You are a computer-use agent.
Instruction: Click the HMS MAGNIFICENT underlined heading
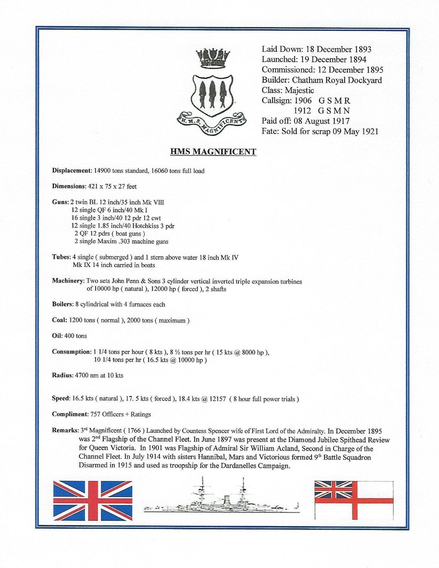pyautogui.click(x=213, y=152)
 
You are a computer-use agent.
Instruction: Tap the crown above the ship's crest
pyautogui.click(x=213, y=59)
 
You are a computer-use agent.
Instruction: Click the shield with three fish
pyautogui.click(x=212, y=94)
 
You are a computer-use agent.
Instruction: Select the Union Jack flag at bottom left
pyautogui.click(x=93, y=501)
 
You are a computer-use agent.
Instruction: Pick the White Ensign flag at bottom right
pyautogui.click(x=354, y=500)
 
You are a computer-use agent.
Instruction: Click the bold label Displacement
pyautogui.click(x=71, y=171)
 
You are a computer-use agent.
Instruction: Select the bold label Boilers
pyautogui.click(x=62, y=305)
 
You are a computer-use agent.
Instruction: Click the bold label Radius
pyautogui.click(x=62, y=376)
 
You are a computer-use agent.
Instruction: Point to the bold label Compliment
pyautogui.click(x=70, y=414)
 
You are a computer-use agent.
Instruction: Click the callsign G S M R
pyautogui.click(x=334, y=101)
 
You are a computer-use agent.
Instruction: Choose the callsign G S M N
pyautogui.click(x=334, y=111)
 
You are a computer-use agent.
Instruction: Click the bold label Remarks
pyautogui.click(x=65, y=431)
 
